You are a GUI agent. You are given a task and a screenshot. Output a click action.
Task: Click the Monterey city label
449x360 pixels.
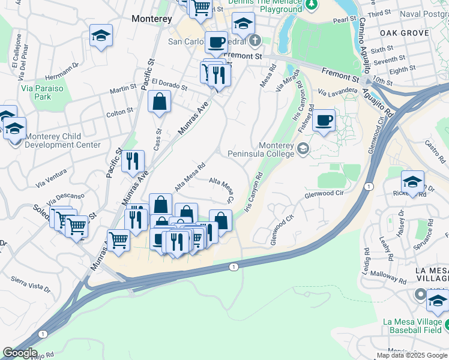151,19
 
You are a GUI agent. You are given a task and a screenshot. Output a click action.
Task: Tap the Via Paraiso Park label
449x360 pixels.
43,92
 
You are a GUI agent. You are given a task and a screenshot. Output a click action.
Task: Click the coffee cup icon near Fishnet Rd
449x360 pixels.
324,121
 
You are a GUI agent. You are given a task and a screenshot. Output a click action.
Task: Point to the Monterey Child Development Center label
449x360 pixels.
62,141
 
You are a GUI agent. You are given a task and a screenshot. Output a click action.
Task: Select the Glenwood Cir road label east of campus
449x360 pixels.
324,194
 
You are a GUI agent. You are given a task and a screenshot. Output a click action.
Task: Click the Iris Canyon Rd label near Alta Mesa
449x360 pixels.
254,193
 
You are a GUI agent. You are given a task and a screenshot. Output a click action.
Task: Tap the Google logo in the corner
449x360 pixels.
19,353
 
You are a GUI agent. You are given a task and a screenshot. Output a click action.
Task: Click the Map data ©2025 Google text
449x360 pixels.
412,355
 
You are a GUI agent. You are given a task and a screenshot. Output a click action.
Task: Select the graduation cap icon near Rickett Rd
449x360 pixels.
412,181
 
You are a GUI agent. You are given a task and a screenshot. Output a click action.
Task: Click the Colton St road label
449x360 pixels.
119,112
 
